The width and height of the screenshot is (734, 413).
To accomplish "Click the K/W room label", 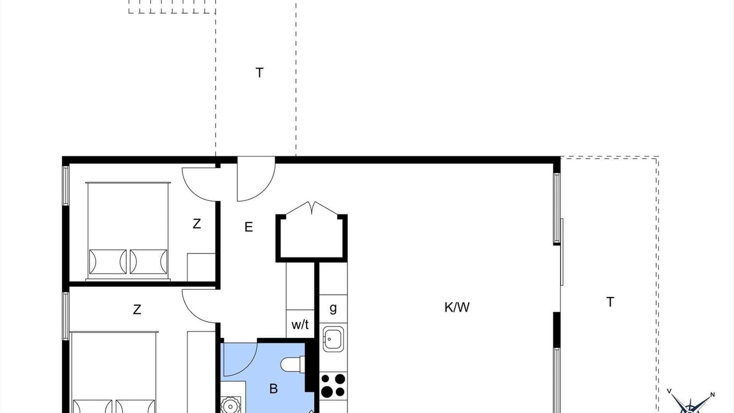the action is [457, 307].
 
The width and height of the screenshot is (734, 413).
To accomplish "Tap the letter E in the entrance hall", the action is [249, 227].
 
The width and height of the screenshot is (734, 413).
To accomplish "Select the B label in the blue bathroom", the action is [274, 389].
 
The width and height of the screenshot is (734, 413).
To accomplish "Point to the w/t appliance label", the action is [300, 325].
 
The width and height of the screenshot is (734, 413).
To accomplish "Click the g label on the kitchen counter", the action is [333, 308].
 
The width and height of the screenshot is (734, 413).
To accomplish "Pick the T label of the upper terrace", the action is [259, 72].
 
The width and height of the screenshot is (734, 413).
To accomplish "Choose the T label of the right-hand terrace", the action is [610, 302].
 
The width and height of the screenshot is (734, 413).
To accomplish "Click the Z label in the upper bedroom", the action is [197, 224].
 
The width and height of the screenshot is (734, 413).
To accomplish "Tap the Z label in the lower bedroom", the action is [137, 309].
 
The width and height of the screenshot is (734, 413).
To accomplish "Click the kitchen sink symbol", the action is [333, 339].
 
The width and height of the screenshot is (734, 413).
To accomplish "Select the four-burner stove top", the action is [333, 385].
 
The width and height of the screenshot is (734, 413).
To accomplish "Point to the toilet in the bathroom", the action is [293, 365].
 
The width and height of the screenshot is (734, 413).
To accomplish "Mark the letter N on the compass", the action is [712, 395].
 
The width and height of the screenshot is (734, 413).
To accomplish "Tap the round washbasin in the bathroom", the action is [231, 406].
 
